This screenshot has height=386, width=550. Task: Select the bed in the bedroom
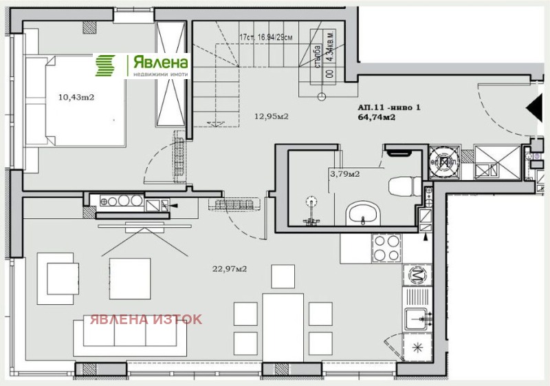(76, 100)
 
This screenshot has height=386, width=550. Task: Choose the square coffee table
(129, 277)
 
